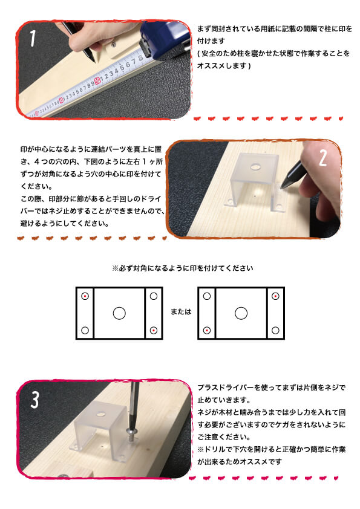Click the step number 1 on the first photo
(x=33, y=40)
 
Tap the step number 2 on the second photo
(x=322, y=158)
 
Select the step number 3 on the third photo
(x=35, y=400)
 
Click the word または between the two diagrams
(x=180, y=313)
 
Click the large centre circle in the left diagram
(x=119, y=313)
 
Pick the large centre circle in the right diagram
(x=241, y=313)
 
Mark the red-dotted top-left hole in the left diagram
(x=85, y=296)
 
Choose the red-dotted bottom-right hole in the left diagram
(x=154, y=330)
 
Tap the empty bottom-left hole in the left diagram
(x=85, y=330)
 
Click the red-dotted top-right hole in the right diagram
(x=275, y=296)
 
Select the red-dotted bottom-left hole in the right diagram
(x=208, y=330)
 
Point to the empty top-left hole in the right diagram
(x=208, y=296)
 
